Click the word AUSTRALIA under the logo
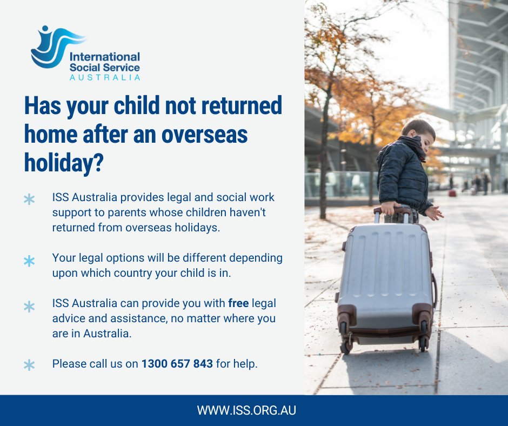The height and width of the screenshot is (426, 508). tap(105, 77)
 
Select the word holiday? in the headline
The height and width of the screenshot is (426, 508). tap(64, 163)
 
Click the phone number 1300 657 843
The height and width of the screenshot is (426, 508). tap(177, 364)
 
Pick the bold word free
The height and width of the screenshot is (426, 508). tap(238, 303)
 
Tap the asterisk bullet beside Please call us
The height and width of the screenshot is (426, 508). tap(29, 365)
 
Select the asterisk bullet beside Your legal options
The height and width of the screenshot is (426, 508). tap(29, 262)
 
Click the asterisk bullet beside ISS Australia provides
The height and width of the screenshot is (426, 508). tap(29, 199)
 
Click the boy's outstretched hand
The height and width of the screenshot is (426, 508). tap(436, 213)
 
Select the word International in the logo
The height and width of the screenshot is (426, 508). tap(104, 57)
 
